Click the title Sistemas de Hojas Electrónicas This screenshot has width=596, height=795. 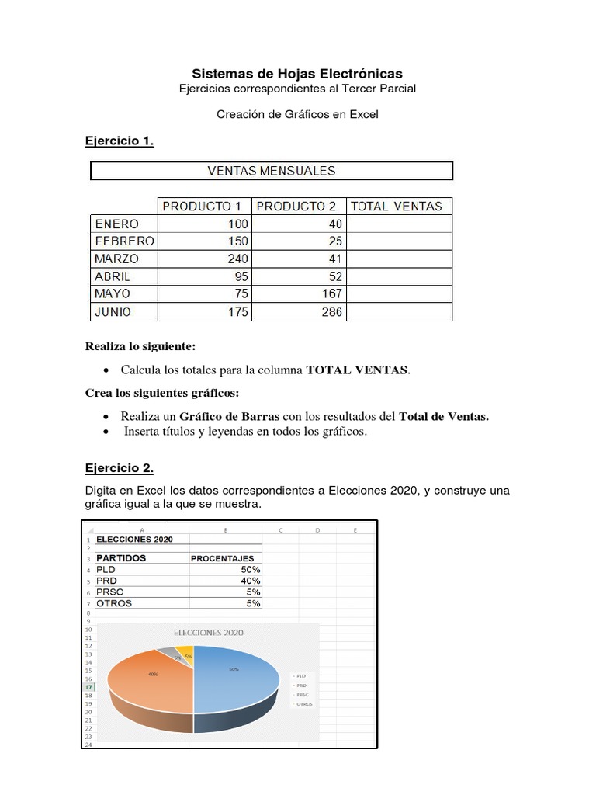pyautogui.click(x=297, y=74)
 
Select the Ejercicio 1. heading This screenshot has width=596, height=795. pyautogui.click(x=119, y=141)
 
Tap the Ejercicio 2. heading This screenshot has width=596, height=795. pyautogui.click(x=119, y=468)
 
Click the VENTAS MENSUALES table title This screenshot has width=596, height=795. pyautogui.click(x=272, y=171)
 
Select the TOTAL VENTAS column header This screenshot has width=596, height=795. pyautogui.click(x=397, y=207)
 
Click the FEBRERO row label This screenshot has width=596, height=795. pyautogui.click(x=124, y=241)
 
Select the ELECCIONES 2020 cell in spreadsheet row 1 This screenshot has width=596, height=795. pyautogui.click(x=135, y=540)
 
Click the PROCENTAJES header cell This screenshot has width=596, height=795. pyautogui.click(x=223, y=558)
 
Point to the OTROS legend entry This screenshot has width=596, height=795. pyautogui.click(x=304, y=704)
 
